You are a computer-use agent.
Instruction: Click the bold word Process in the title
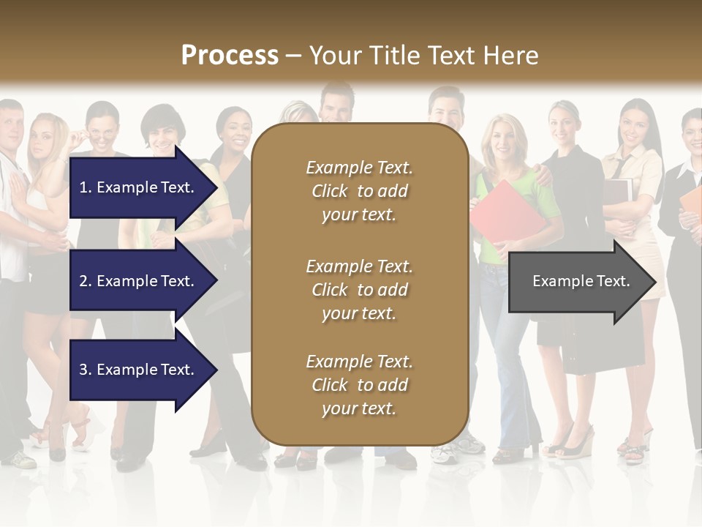pos(230,56)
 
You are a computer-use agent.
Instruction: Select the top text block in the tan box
pos(359,191)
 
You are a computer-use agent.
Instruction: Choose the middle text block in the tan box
pos(359,290)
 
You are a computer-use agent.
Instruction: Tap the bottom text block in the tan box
pos(359,385)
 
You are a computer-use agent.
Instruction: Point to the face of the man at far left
pos(11,127)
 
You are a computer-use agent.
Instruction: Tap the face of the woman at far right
pos(692,132)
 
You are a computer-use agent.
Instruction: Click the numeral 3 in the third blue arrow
pos(83,370)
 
